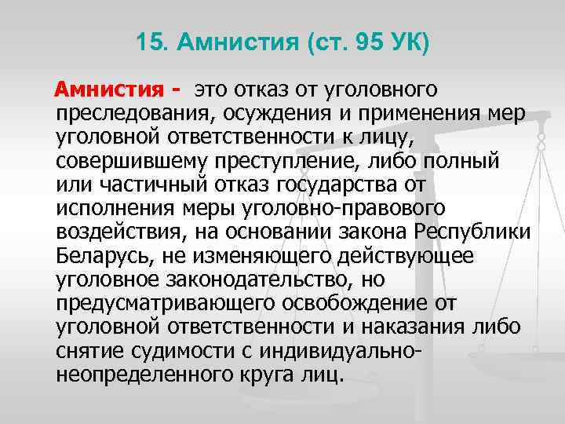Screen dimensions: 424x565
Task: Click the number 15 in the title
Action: pyautogui.click(x=147, y=42)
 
